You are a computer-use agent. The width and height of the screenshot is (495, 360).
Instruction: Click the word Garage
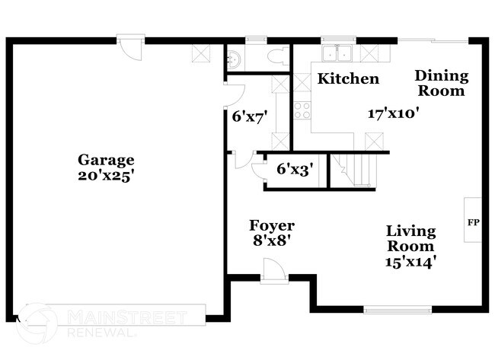106,160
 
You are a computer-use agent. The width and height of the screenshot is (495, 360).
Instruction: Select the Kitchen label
348,78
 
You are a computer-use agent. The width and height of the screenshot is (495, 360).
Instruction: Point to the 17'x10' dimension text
394,113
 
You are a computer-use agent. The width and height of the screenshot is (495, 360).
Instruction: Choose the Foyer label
272,226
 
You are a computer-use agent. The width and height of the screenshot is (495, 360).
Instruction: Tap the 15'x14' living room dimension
410,261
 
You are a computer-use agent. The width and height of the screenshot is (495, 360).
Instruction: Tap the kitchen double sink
335,53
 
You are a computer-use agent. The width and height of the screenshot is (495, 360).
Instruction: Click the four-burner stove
301,108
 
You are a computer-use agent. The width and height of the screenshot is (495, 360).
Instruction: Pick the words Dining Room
441,84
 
